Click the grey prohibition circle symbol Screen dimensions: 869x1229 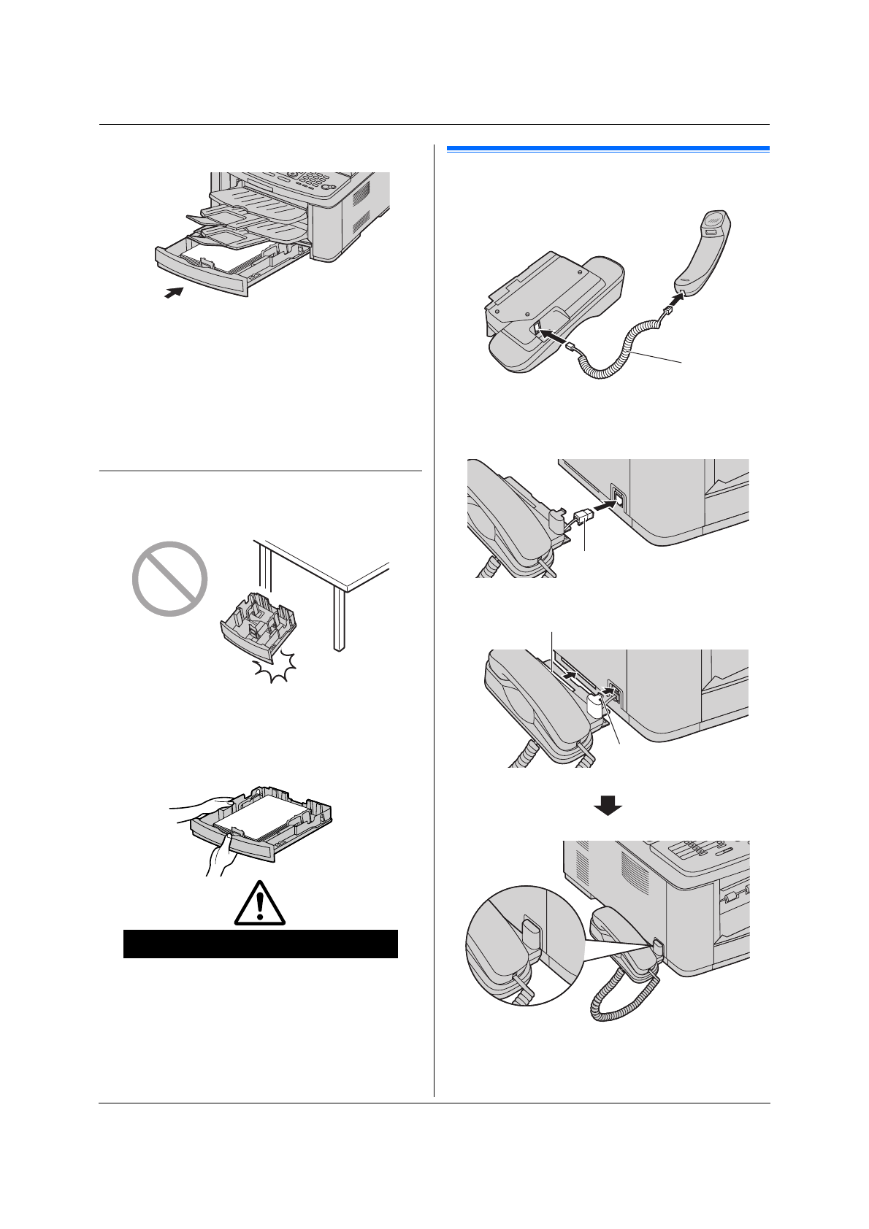click(x=170, y=579)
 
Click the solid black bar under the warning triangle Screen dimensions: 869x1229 click(x=260, y=943)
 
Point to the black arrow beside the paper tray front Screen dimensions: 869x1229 click(x=172, y=293)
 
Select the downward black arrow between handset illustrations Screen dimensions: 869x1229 click(x=607, y=804)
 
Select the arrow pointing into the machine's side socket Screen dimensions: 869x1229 click(x=600, y=506)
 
